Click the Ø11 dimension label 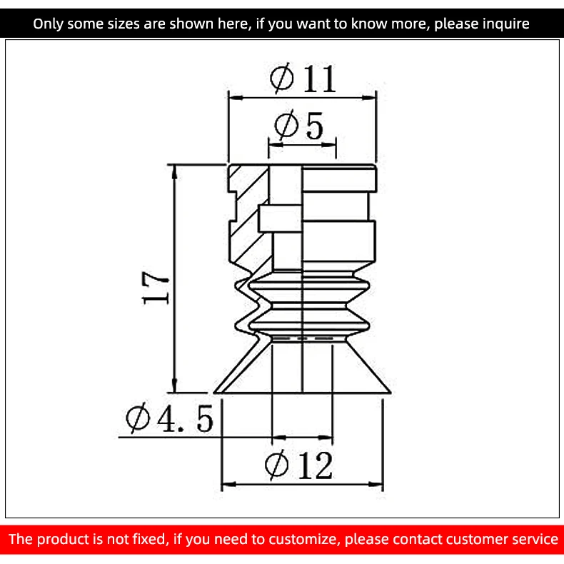303,79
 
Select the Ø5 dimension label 299,125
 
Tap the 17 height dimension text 156,288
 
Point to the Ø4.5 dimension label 169,418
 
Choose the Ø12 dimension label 298,465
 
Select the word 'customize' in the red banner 304,539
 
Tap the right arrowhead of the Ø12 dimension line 376,485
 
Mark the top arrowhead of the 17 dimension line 174,172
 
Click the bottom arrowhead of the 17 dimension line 174,386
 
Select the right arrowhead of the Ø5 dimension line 328,145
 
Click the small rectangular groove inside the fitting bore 280,218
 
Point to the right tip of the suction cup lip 391,393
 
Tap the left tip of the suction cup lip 214,393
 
